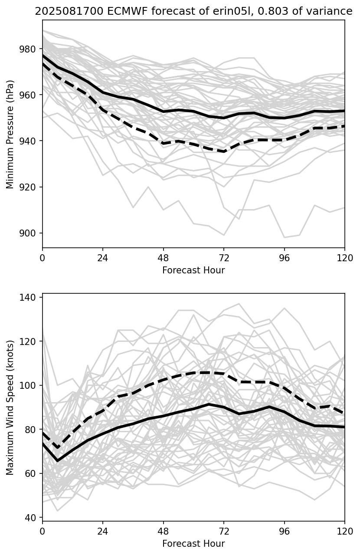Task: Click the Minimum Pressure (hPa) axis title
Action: point(10,134)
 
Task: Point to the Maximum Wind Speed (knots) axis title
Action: point(10,407)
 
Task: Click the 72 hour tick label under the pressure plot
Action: point(224,258)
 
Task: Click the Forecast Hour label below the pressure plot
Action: point(193,270)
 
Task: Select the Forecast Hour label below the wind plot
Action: point(193,544)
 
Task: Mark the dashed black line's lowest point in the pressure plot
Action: point(224,151)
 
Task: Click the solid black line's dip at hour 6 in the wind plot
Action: point(58,460)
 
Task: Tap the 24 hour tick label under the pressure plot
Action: point(103,258)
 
